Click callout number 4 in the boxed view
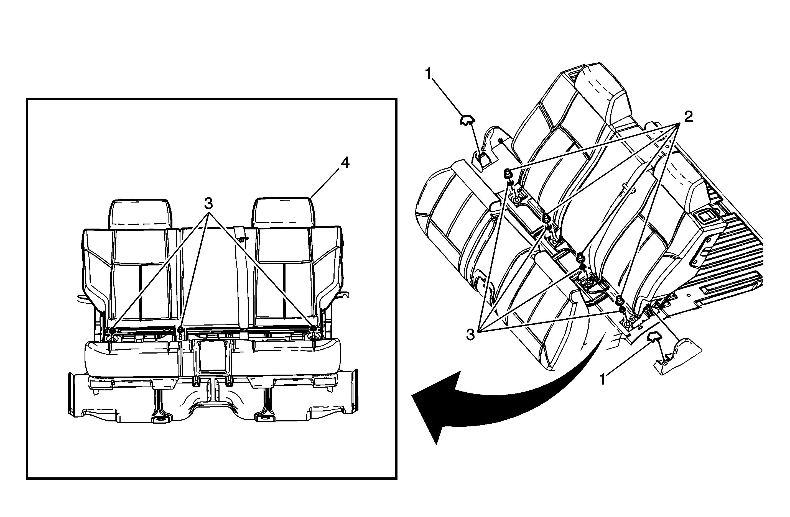point(345,163)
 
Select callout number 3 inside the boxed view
point(208,203)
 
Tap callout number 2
point(689,117)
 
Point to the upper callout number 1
point(429,74)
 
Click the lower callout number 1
point(603,379)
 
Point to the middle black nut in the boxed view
point(180,329)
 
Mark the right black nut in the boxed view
point(313,329)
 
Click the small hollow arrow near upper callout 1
point(467,120)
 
